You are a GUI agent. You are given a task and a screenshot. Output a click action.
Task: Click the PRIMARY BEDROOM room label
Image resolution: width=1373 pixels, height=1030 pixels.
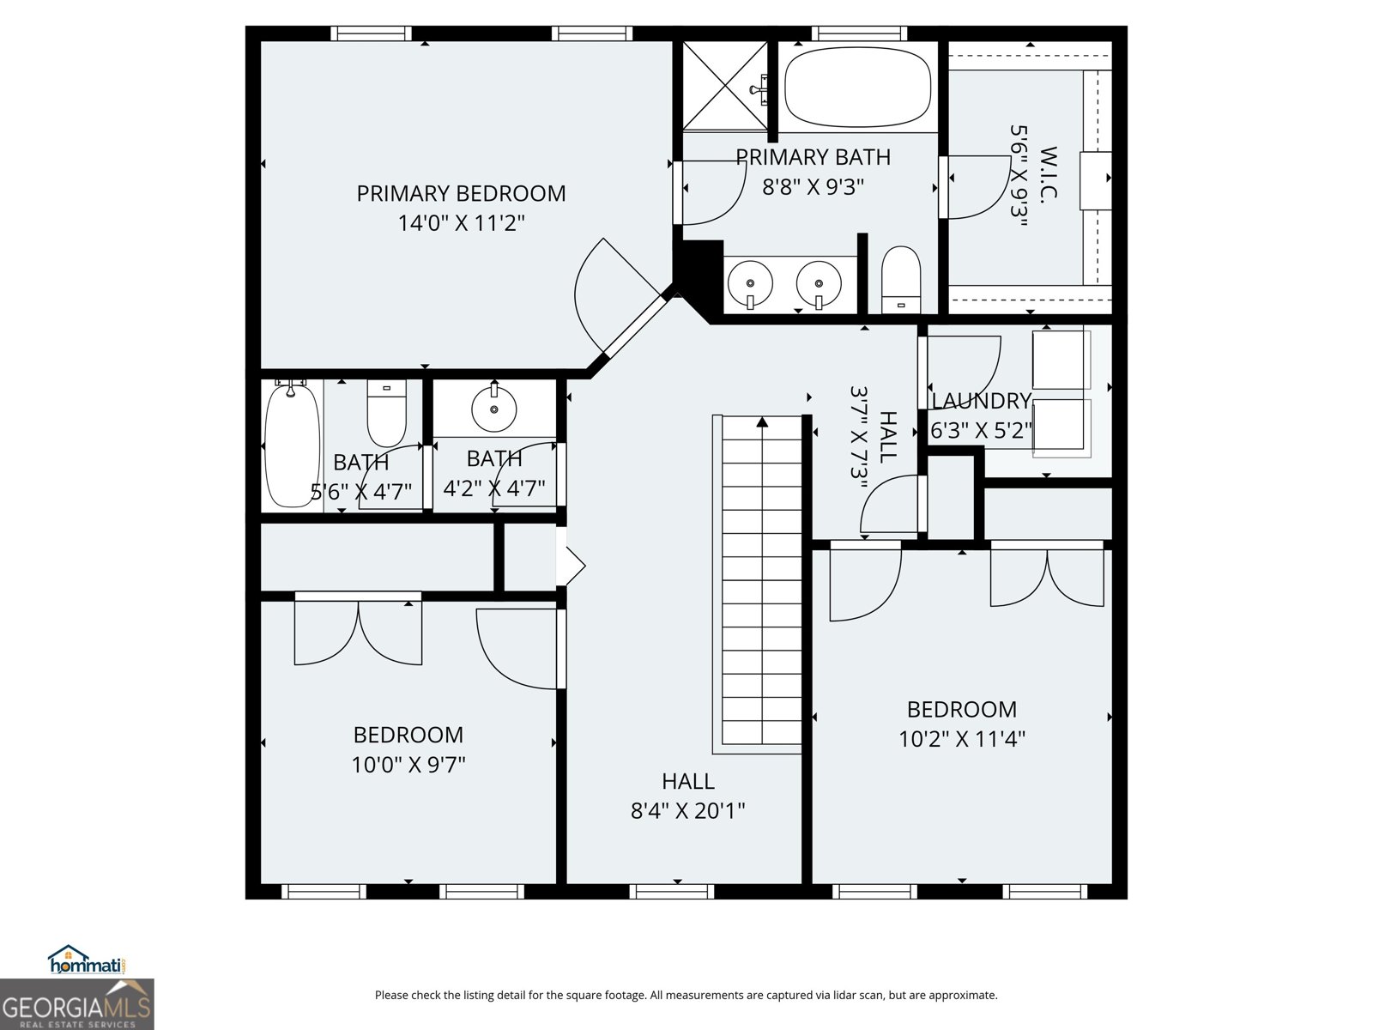tap(461, 193)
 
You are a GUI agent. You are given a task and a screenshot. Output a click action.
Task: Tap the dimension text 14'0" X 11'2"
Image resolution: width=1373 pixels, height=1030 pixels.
tap(461, 223)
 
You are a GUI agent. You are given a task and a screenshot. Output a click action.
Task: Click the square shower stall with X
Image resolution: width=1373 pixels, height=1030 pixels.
tap(725, 86)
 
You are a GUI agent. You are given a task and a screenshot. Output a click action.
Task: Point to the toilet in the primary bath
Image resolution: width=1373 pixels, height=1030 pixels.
tap(900, 279)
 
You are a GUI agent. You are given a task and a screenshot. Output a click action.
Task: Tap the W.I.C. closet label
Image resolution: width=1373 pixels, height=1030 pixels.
tap(1048, 172)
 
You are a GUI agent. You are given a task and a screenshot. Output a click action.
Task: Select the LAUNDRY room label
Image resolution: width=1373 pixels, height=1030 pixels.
tap(980, 401)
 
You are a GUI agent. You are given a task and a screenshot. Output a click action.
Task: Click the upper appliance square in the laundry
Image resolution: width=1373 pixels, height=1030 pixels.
tap(1061, 360)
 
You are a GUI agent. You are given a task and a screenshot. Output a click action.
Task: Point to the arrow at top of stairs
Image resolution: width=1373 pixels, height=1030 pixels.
tap(761, 421)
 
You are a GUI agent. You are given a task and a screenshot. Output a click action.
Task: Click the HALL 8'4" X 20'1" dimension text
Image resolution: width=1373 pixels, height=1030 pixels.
tap(687, 810)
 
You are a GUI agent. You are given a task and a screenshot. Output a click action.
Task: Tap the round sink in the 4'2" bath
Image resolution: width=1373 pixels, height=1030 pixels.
tap(494, 409)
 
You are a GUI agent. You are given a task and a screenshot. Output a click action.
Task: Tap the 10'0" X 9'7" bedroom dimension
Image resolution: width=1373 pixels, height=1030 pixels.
tap(408, 764)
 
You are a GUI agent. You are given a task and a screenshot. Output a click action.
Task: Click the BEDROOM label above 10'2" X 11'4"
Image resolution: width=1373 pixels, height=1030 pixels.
tap(961, 709)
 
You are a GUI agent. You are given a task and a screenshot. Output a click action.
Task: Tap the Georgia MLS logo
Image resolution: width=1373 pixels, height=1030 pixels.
tap(77, 1004)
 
